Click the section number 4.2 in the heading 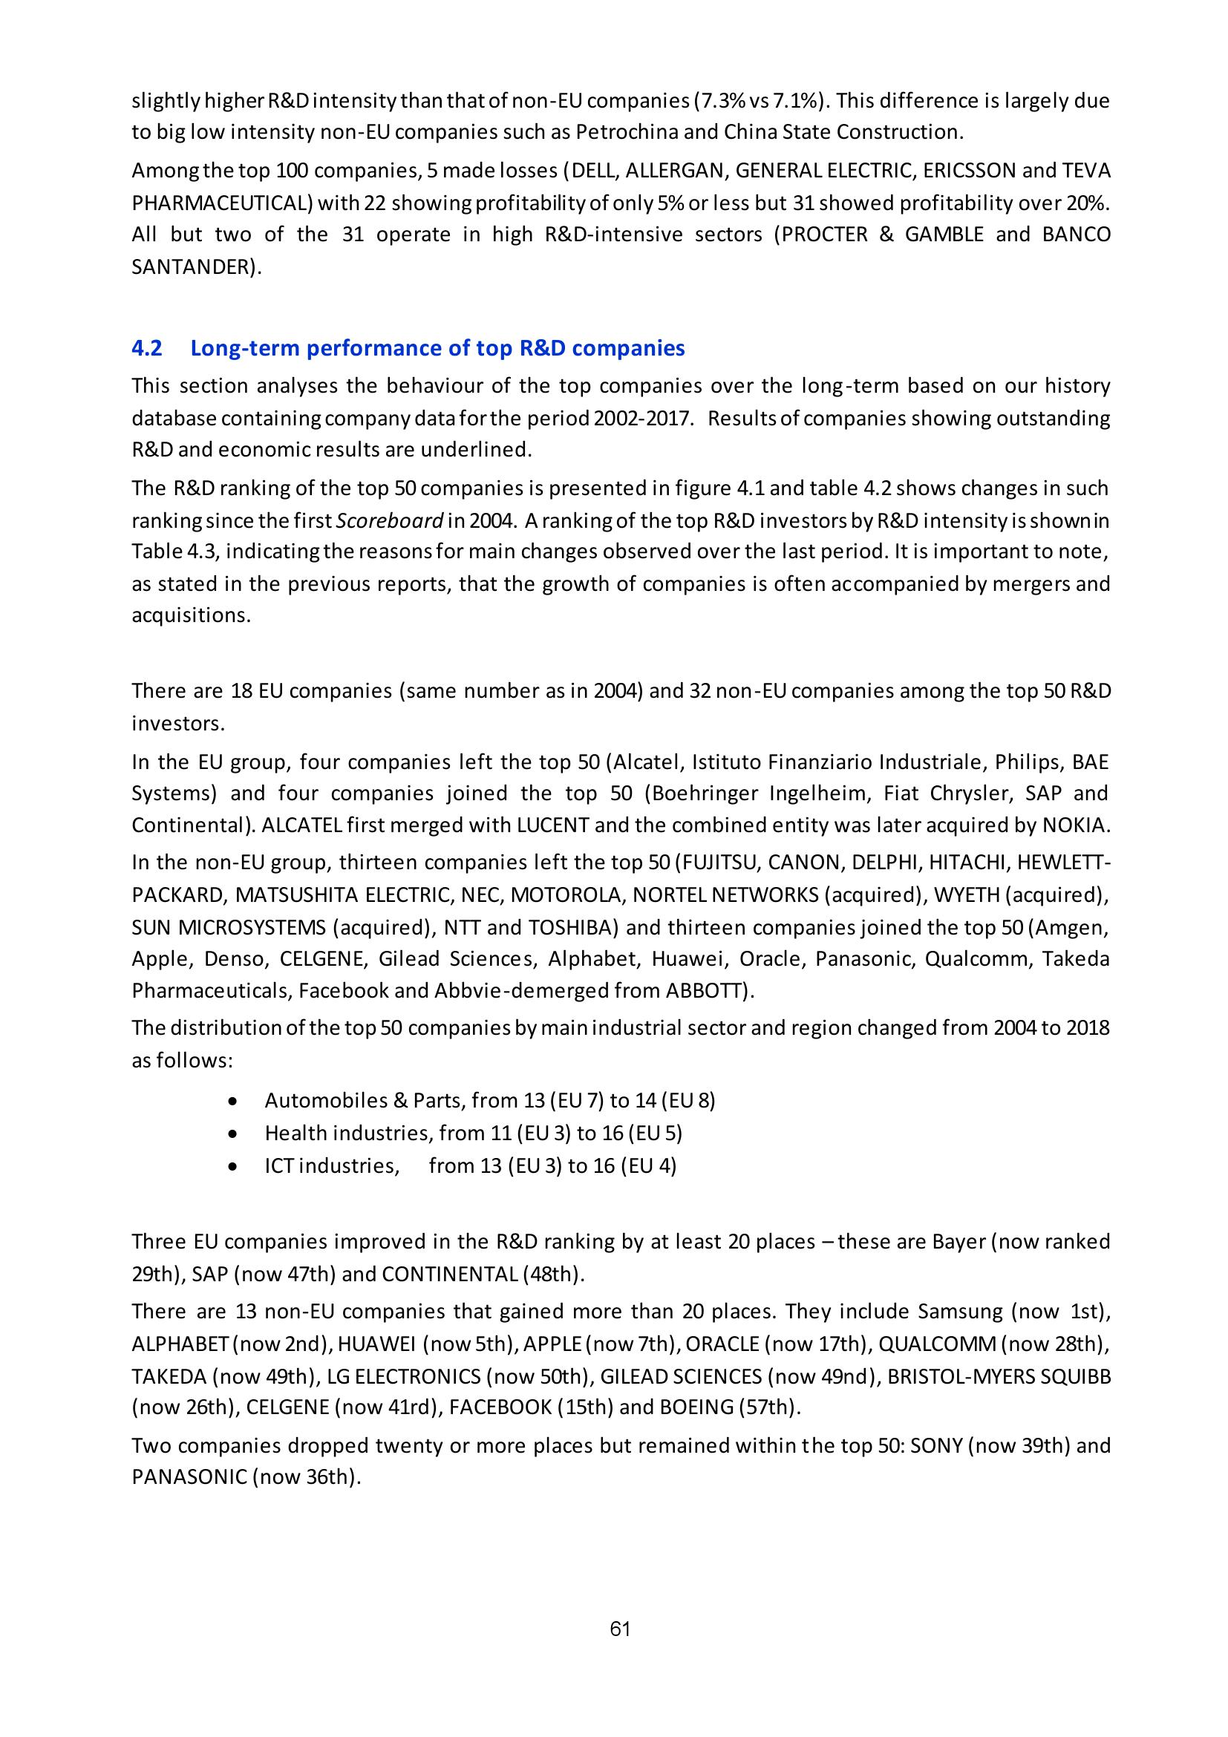147,348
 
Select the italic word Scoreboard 405,520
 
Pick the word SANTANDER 192,267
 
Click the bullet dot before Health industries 234,1134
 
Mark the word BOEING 696,1407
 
